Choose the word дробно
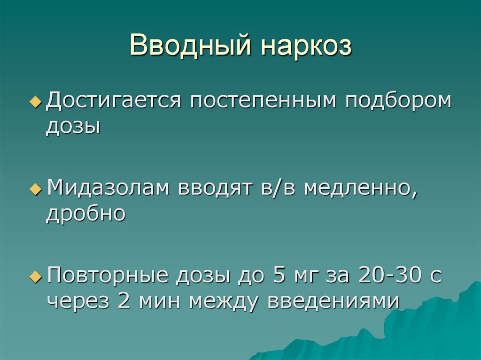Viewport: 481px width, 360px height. [85, 214]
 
